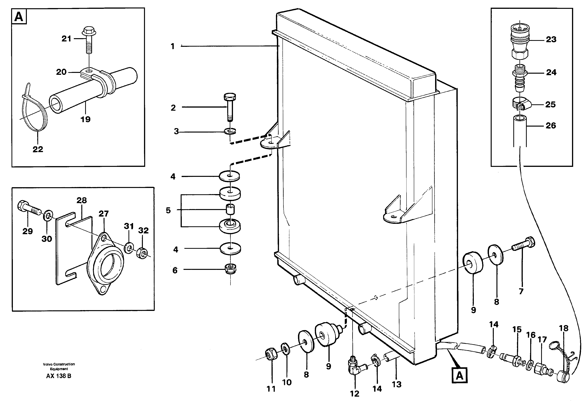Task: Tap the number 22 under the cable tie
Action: pos(38,149)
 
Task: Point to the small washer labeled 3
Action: pos(230,131)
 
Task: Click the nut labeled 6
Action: pos(230,269)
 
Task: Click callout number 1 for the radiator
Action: pos(173,46)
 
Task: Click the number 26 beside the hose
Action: pos(551,126)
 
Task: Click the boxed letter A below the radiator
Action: pos(459,376)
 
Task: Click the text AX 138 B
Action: pos(59,376)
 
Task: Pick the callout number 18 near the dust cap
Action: pos(564,328)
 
